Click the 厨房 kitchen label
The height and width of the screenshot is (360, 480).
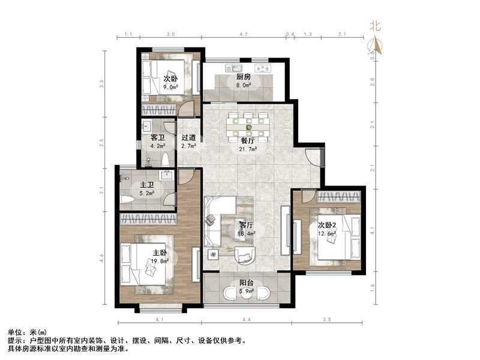(x=243, y=77)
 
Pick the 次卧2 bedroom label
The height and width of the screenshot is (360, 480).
(x=327, y=225)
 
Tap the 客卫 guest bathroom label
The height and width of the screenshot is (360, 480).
(x=157, y=137)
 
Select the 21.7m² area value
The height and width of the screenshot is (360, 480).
(x=249, y=148)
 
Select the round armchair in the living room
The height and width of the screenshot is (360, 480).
(x=246, y=255)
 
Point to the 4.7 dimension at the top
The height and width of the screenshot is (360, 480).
(x=243, y=35)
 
